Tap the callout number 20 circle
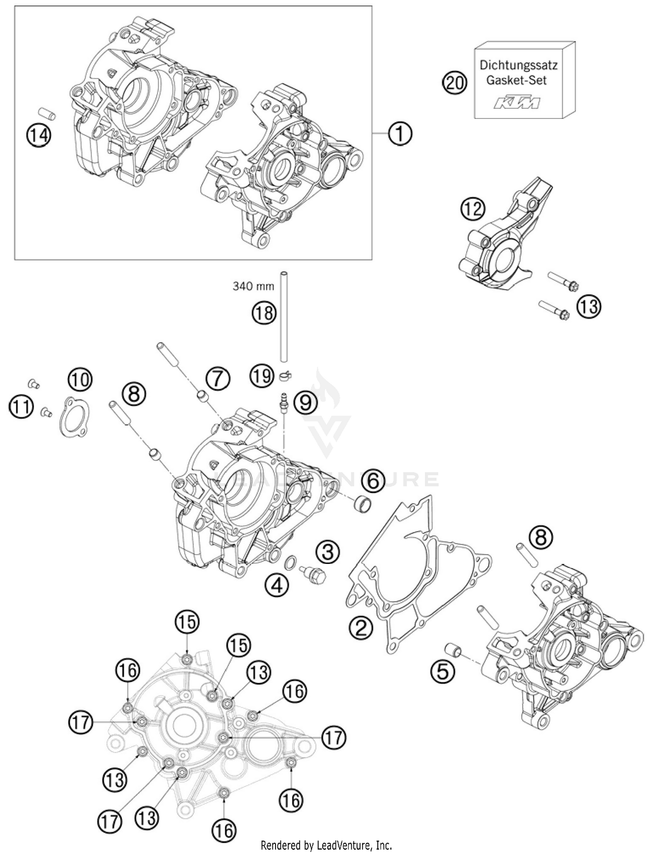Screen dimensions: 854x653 pos(454,82)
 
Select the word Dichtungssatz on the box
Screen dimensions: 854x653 pos(518,65)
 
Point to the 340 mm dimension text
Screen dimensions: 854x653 pos(253,286)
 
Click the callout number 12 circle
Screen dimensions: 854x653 pos(473,209)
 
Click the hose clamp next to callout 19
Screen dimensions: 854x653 pos(285,375)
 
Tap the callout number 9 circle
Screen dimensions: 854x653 pos(306,403)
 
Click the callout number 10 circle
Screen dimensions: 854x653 pos(80,379)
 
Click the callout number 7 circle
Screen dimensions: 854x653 pos(218,378)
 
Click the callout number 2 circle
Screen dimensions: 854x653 pos(361,628)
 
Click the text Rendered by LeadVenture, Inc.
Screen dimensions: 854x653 pos(326,845)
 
